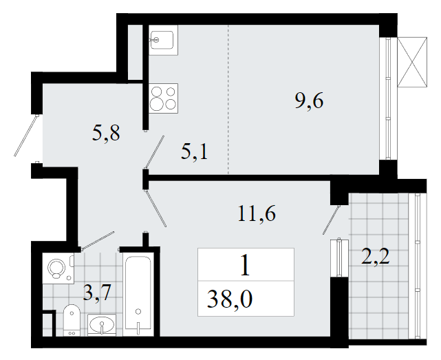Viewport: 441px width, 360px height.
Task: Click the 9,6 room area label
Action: tap(309, 101)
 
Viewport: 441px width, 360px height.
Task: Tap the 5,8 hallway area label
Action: tap(106, 133)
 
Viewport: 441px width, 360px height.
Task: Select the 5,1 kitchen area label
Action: tap(194, 152)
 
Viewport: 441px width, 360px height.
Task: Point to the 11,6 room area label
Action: tap(257, 213)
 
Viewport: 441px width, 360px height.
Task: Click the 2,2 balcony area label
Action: tap(376, 257)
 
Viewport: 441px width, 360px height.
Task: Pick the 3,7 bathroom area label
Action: tap(98, 293)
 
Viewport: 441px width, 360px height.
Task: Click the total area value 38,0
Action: tap(230, 299)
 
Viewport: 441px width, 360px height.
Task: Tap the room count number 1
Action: tap(245, 266)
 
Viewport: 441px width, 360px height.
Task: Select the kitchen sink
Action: tap(163, 40)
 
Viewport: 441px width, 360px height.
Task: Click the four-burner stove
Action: tap(164, 98)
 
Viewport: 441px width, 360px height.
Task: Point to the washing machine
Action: tap(58, 268)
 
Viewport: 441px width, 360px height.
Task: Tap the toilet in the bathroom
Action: tap(72, 320)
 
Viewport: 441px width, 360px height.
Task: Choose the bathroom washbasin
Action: tap(102, 325)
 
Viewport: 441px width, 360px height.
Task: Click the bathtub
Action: tap(138, 294)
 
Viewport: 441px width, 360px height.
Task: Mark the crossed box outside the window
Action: tap(412, 63)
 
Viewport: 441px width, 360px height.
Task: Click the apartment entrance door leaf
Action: tap(26, 136)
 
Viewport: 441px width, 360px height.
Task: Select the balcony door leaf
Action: tap(331, 220)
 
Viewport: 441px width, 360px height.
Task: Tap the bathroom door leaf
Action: tap(98, 241)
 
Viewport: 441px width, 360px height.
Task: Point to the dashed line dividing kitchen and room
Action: tap(228, 100)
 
